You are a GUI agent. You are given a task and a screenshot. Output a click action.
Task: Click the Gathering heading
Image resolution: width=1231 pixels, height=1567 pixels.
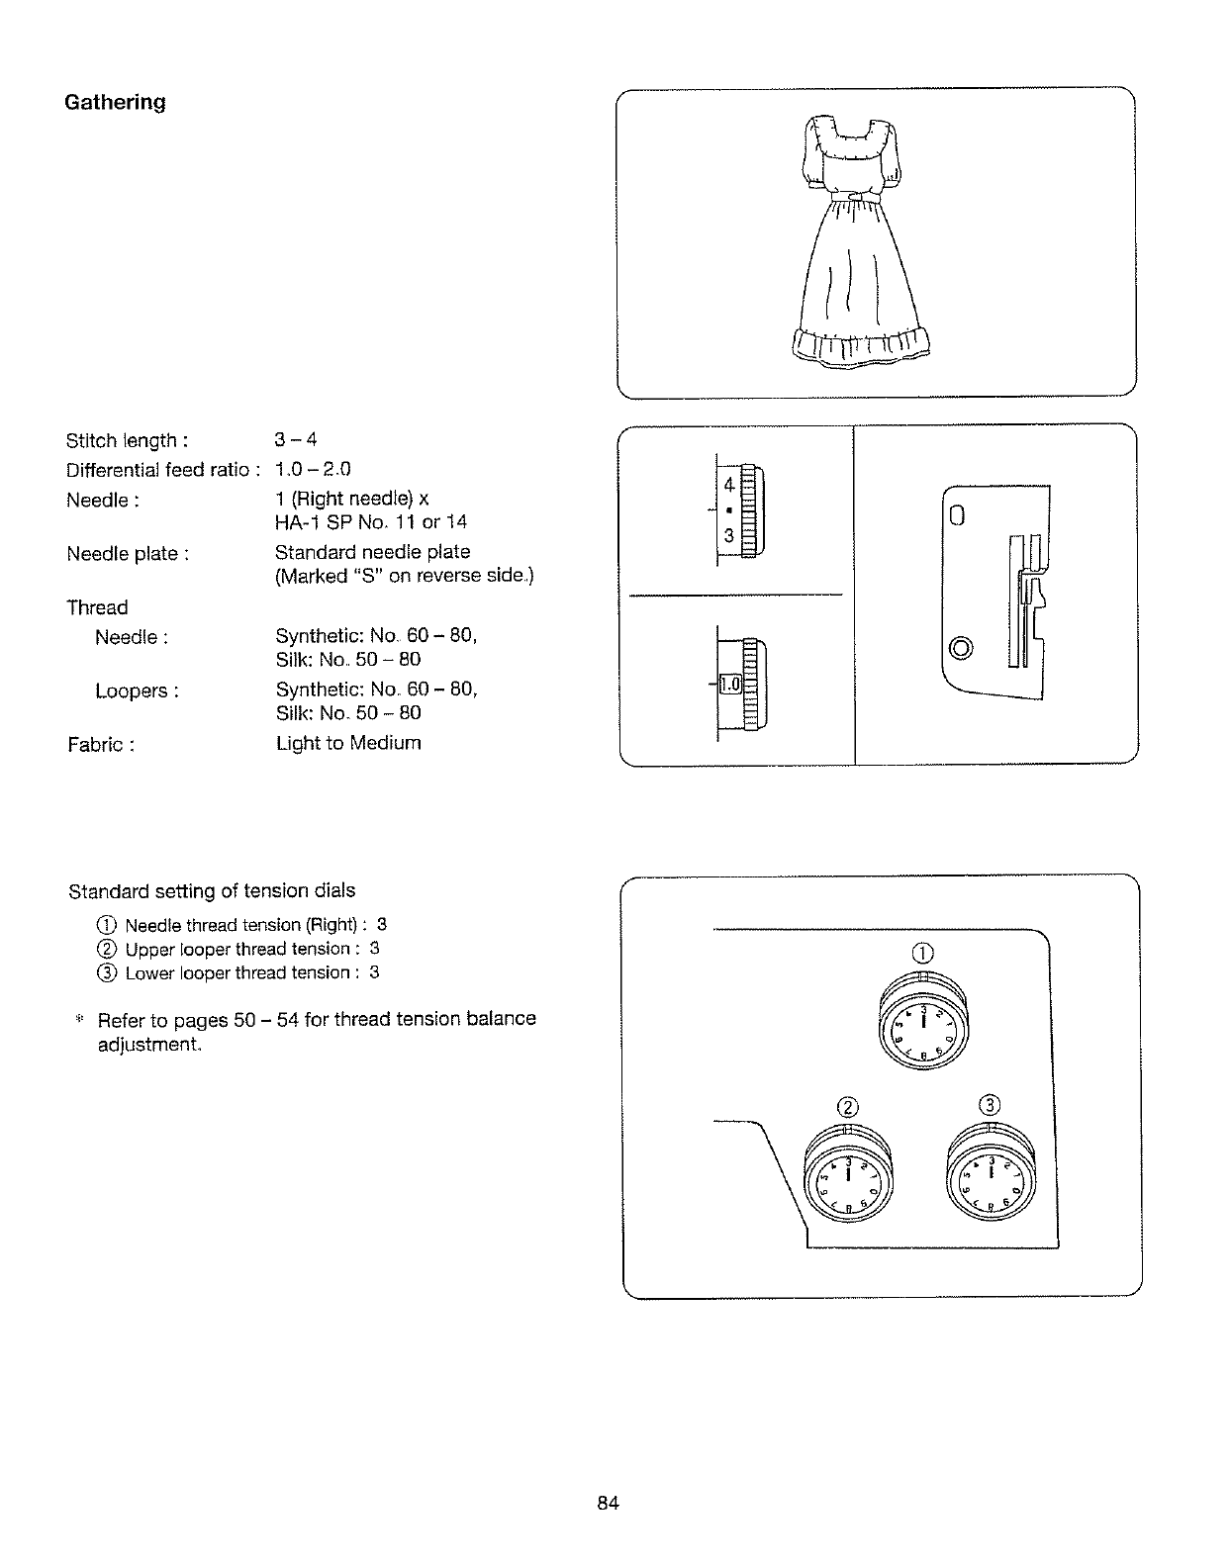click(115, 102)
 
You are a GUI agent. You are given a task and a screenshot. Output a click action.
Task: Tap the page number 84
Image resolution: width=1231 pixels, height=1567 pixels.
click(608, 1504)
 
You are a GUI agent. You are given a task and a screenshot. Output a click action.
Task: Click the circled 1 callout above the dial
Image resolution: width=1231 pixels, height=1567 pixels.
click(922, 954)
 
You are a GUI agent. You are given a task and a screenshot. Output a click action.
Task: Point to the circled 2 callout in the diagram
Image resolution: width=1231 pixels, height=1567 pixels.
click(847, 1105)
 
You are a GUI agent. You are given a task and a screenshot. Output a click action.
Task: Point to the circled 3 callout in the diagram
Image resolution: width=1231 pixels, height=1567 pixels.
click(992, 1104)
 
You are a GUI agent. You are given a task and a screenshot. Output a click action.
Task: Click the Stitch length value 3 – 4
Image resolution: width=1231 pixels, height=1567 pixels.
click(296, 439)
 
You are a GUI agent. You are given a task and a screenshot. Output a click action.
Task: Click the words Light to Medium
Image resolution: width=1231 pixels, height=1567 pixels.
click(348, 742)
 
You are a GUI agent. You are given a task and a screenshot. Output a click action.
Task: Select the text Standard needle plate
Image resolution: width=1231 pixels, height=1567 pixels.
click(372, 552)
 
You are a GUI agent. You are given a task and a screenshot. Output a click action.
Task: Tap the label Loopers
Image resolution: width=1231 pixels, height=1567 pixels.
click(137, 691)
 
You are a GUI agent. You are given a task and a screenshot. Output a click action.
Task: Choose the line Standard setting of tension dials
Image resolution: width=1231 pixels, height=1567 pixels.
click(212, 891)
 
